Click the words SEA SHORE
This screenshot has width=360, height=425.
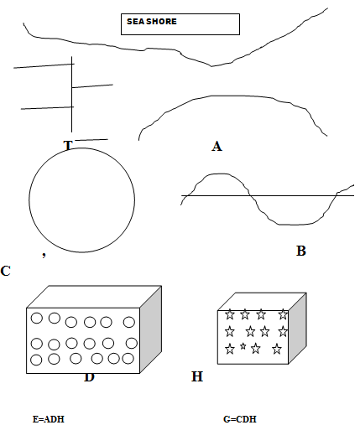tap(152, 22)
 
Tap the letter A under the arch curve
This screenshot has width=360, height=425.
tap(217, 147)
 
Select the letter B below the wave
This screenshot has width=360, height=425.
tap(301, 251)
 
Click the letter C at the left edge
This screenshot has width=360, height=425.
tap(5, 271)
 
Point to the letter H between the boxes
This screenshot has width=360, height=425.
tap(197, 376)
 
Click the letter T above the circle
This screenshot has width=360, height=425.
tap(68, 145)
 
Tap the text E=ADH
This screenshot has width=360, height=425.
tap(49, 419)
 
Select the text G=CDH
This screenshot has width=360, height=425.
tap(240, 419)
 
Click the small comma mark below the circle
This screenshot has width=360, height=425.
tap(44, 255)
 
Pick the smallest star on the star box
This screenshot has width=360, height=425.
tap(243, 346)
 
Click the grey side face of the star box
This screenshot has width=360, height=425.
tap(297, 329)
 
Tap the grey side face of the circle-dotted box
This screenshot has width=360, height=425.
tap(151, 329)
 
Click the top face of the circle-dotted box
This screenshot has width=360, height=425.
tap(94, 297)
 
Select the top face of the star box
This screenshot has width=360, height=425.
tap(262, 302)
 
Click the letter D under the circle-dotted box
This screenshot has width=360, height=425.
tap(89, 377)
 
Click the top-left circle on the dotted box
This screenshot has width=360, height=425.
tap(37, 318)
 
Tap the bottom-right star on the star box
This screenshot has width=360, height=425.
tap(277, 349)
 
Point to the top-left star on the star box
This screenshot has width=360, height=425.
tap(230, 314)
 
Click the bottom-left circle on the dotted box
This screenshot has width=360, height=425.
tap(36, 360)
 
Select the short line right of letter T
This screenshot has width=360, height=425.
tap(91, 140)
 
